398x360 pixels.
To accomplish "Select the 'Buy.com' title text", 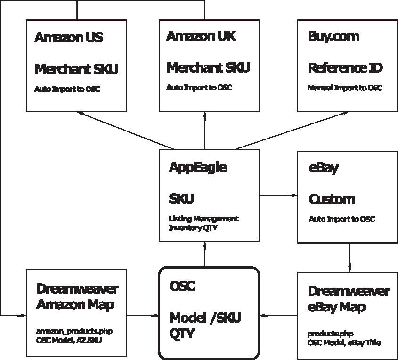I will click(x=333, y=37).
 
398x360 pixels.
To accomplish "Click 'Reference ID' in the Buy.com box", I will click(x=345, y=68).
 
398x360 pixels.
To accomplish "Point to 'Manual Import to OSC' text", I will click(x=345, y=88).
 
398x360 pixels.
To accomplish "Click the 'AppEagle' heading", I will click(x=197, y=167).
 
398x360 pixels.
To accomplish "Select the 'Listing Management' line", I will click(x=203, y=219).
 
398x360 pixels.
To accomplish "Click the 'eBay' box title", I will click(x=323, y=168).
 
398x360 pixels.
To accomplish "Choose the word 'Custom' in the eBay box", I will click(x=332, y=199).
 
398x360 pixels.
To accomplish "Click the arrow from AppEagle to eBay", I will click(x=278, y=195).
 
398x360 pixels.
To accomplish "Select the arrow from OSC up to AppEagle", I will click(x=205, y=254).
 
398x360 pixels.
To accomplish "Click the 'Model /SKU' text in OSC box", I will click(x=205, y=318).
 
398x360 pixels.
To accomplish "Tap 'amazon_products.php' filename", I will click(x=74, y=332).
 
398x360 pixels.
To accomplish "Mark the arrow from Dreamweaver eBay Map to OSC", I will click(x=279, y=316).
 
